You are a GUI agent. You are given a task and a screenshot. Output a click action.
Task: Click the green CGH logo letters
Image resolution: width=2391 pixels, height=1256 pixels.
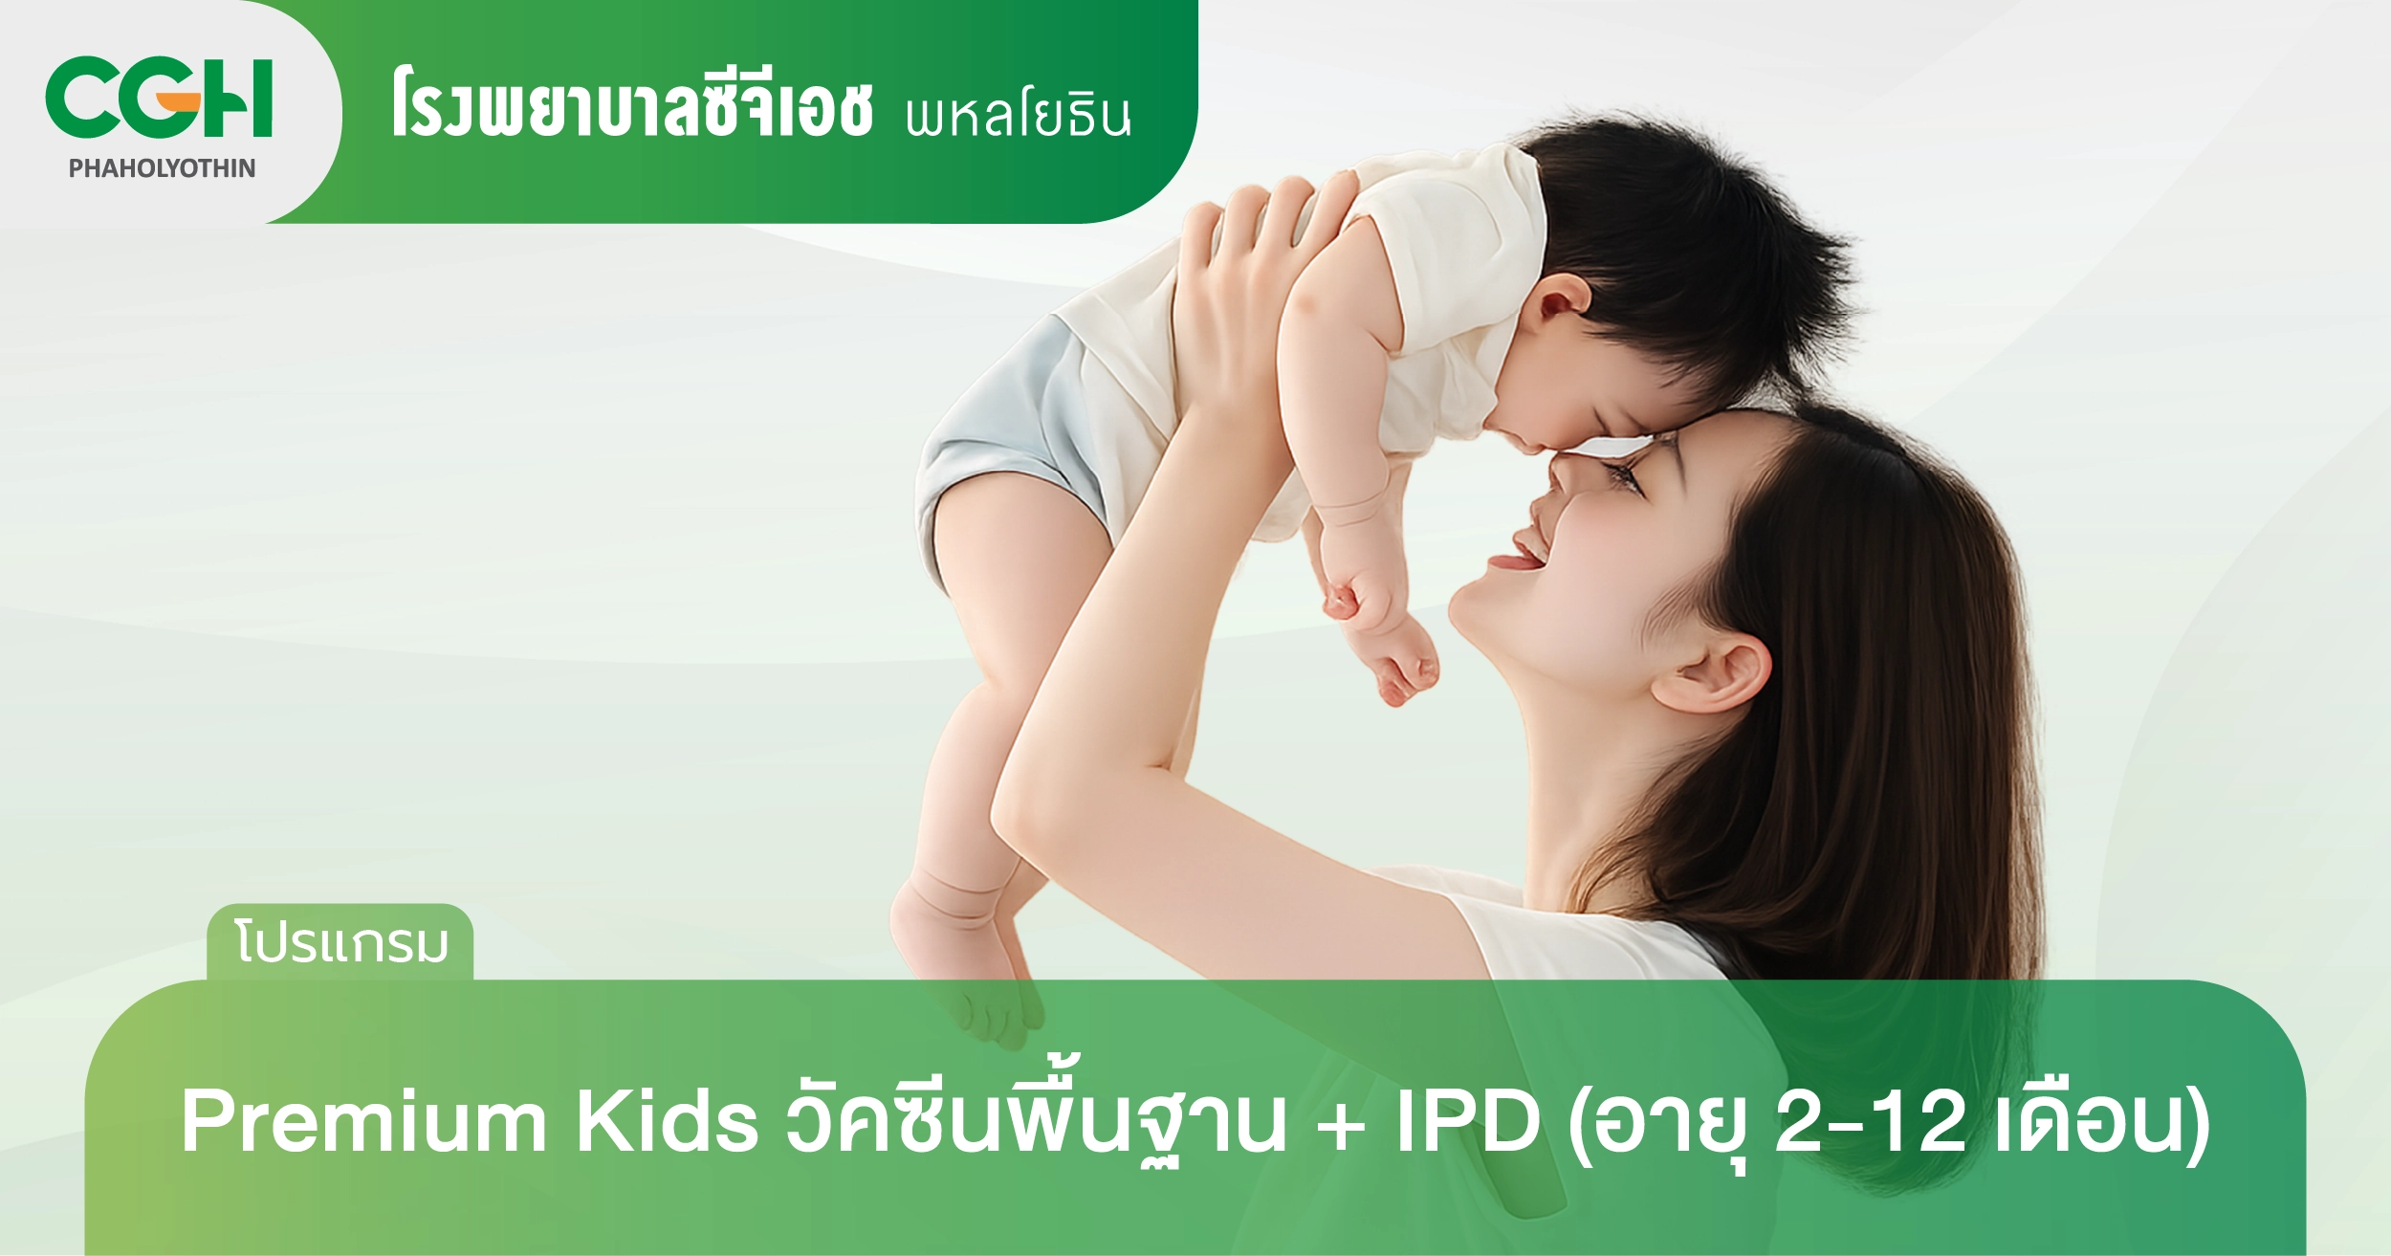[159, 98]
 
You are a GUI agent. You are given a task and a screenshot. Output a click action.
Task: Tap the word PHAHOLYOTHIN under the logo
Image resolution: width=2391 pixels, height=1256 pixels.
[162, 168]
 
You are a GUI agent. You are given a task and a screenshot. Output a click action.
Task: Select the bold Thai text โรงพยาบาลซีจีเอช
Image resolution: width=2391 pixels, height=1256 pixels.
[631, 107]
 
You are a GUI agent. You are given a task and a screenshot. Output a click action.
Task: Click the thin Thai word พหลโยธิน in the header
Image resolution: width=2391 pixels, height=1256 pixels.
[1018, 116]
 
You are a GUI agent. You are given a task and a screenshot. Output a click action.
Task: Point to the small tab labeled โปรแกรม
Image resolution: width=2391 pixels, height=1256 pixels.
[340, 943]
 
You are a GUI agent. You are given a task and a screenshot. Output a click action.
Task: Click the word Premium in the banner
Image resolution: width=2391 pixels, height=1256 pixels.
[363, 1121]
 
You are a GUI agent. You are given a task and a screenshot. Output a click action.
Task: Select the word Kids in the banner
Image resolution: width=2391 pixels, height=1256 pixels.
[667, 1121]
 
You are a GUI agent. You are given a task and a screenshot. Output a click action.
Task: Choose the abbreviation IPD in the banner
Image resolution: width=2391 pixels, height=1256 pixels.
[1468, 1121]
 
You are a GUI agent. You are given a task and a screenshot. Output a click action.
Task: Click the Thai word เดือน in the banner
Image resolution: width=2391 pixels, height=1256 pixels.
[2092, 1121]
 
